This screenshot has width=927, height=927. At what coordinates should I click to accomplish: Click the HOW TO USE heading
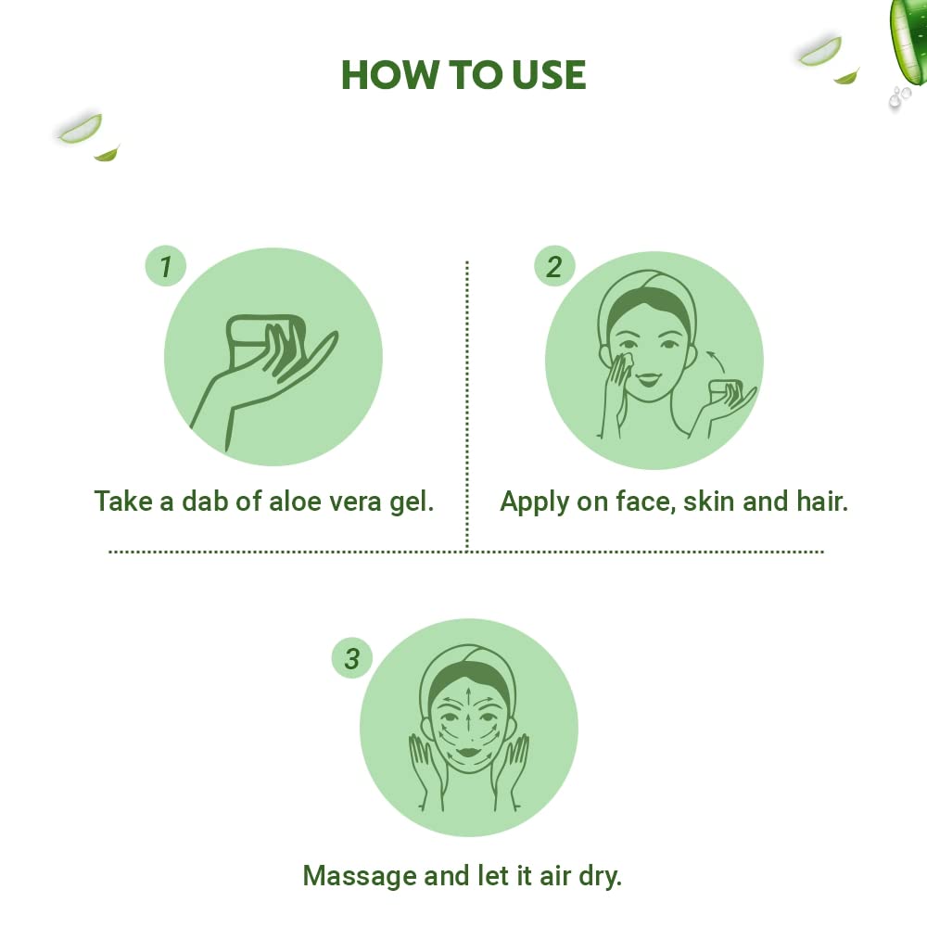click(463, 74)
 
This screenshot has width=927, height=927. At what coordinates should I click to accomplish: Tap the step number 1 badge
click(166, 268)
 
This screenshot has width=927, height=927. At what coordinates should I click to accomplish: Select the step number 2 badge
click(554, 268)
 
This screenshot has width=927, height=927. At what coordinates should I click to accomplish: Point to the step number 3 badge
click(351, 660)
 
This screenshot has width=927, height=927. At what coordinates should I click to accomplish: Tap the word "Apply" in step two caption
click(535, 502)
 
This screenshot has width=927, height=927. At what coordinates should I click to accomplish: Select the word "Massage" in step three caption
click(356, 875)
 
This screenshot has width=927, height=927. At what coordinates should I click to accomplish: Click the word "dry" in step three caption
click(598, 875)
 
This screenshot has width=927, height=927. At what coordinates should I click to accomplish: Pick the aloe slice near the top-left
click(81, 129)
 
